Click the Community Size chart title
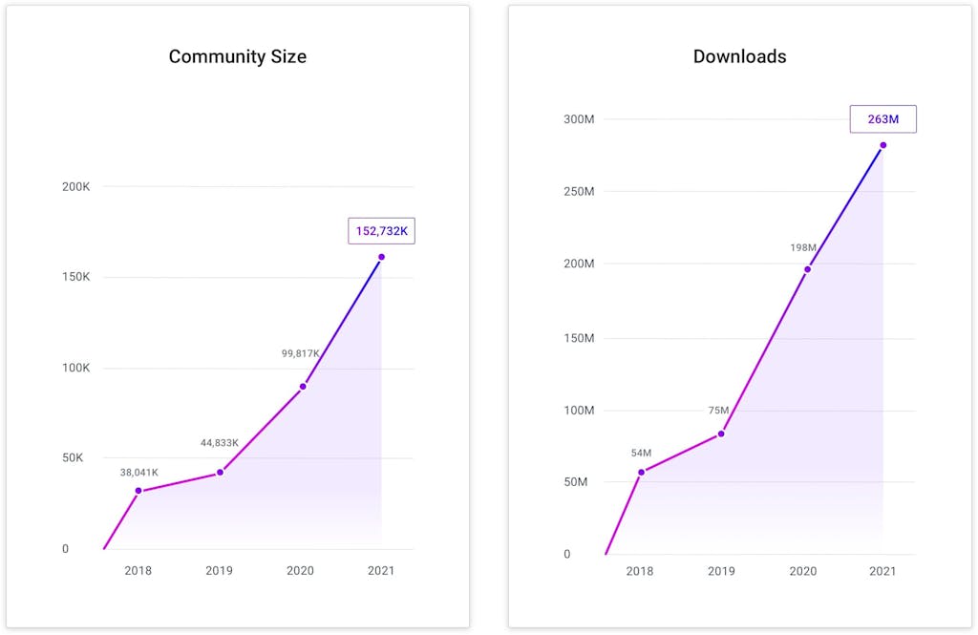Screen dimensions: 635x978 (238, 56)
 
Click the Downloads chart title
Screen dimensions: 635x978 (739, 56)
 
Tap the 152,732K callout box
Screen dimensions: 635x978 (381, 231)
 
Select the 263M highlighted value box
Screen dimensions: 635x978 (882, 119)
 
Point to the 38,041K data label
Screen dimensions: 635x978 (139, 472)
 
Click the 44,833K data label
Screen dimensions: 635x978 (220, 442)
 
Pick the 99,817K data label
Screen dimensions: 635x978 (301, 353)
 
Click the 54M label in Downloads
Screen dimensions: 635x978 (641, 453)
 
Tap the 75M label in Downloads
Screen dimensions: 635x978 (719, 411)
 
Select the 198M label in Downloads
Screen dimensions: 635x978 (803, 247)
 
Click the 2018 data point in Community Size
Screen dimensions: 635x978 (138, 491)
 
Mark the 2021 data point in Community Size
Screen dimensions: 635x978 (381, 257)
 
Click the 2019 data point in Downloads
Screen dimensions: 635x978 (721, 434)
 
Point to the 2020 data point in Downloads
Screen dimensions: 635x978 (807, 269)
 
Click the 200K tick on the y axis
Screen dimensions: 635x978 (76, 186)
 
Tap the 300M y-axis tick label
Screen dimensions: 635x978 (579, 119)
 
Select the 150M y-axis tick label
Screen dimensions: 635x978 (579, 338)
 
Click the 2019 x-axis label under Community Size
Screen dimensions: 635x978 (220, 570)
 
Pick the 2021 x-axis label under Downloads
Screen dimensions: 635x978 (882, 571)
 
